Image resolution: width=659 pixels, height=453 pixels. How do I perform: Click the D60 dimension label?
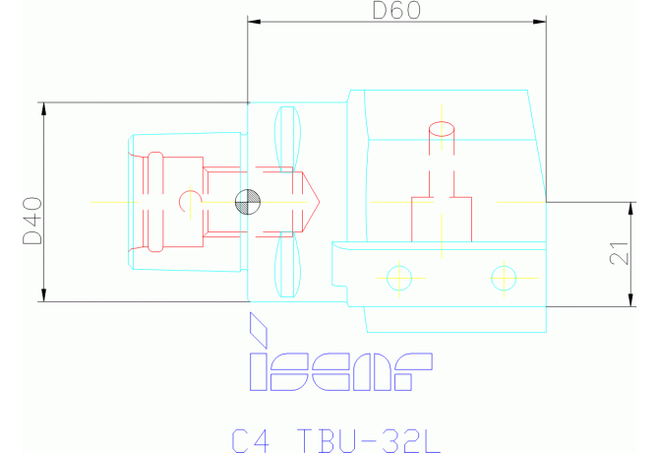click(x=396, y=11)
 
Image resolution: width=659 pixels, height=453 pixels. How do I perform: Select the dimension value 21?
click(x=618, y=254)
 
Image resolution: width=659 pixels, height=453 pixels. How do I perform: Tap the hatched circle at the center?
click(x=247, y=202)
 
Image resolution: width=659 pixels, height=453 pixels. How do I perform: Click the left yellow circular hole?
click(x=398, y=278)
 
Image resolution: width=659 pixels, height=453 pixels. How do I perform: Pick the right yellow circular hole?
click(x=504, y=278)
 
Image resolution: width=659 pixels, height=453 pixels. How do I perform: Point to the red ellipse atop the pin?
click(x=441, y=128)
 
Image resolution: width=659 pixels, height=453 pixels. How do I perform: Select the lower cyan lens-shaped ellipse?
click(x=287, y=266)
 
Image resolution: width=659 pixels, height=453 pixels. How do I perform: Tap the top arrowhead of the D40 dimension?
click(x=43, y=106)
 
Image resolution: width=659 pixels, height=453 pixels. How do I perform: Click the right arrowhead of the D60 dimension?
click(x=542, y=22)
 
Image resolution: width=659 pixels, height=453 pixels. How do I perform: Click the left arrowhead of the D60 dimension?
click(x=252, y=22)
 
